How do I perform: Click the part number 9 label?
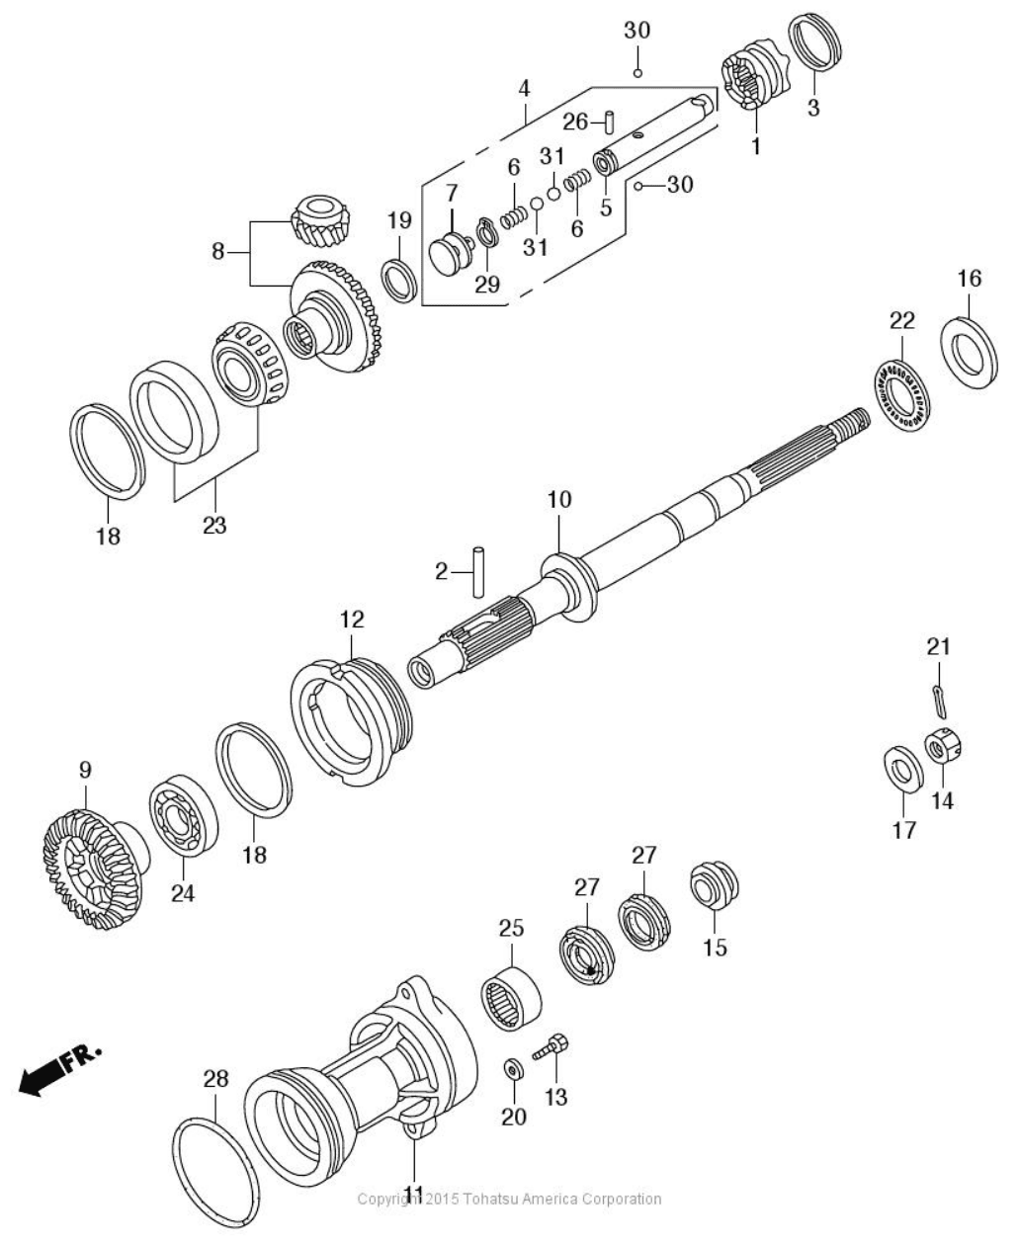tap(85, 767)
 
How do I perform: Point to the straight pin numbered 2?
tap(479, 570)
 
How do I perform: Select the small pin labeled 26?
tap(612, 122)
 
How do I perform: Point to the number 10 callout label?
tap(559, 500)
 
